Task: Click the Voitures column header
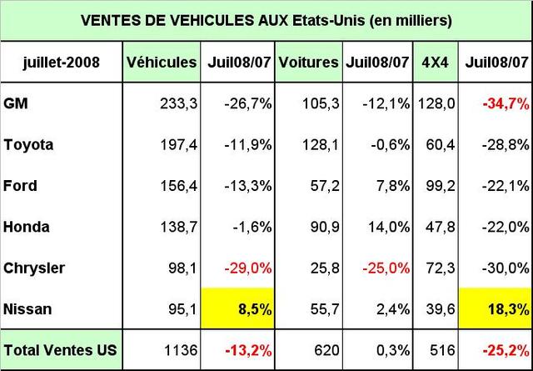[x=309, y=62]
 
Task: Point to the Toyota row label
[x=28, y=144]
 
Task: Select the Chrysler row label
[x=34, y=268]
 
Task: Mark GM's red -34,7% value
[x=506, y=103]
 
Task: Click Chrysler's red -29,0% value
[x=249, y=268]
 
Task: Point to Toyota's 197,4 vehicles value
[x=178, y=144]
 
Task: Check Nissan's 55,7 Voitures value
[x=323, y=309]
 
